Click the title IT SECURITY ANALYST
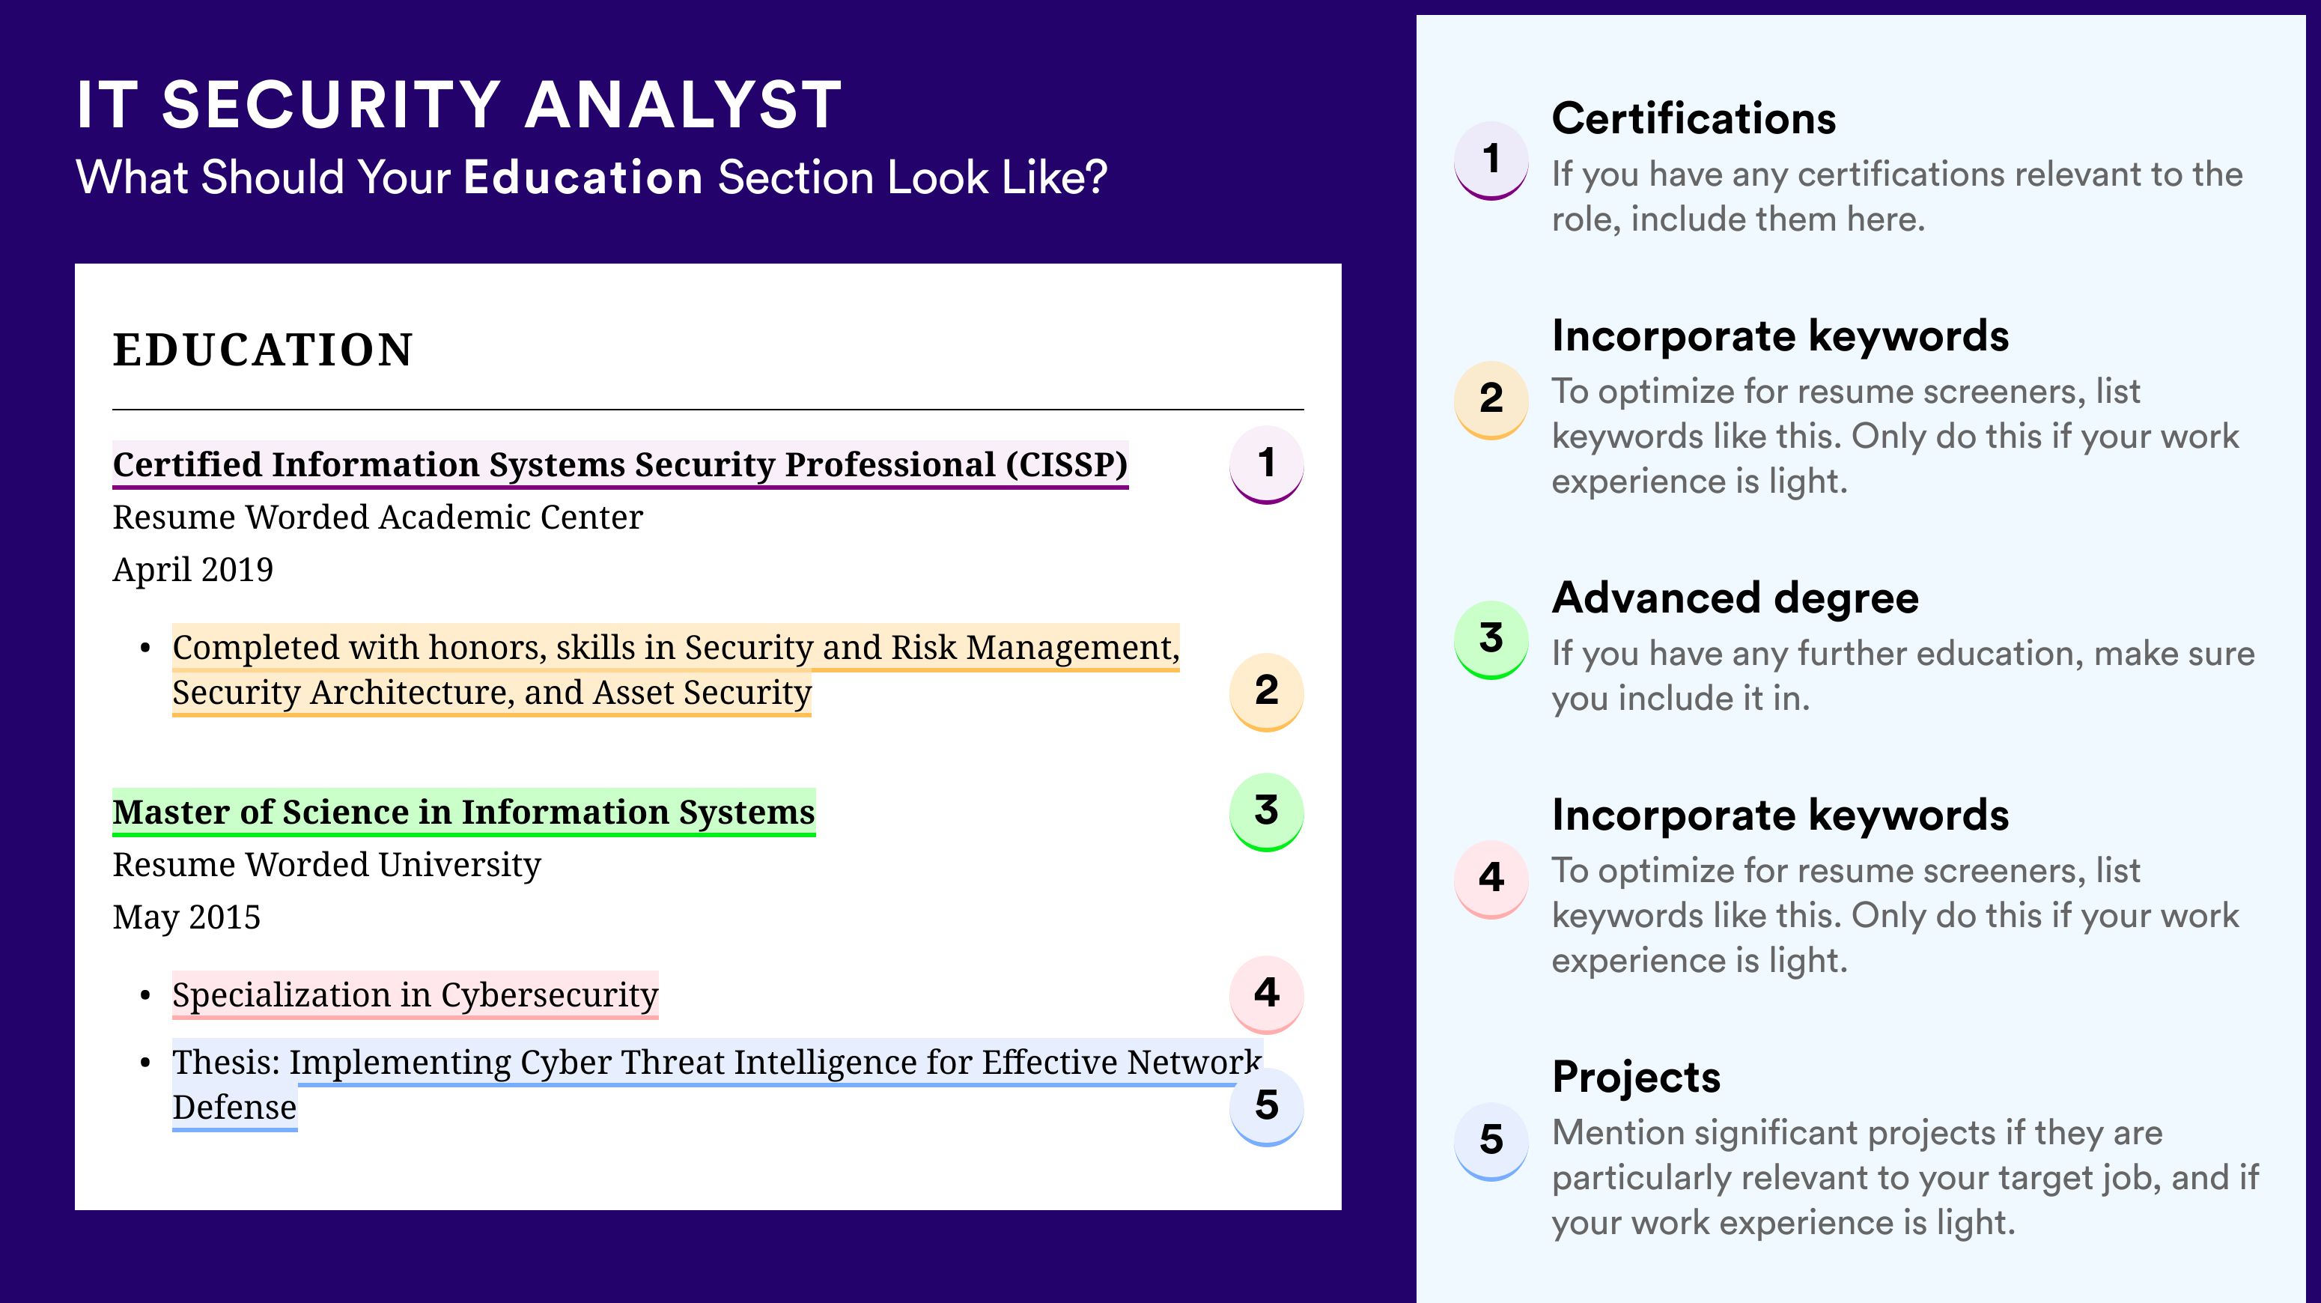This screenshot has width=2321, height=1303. pyautogui.click(x=460, y=105)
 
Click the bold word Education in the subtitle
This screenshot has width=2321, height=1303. pyautogui.click(x=583, y=177)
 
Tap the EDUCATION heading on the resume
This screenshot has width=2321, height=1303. pyautogui.click(x=262, y=350)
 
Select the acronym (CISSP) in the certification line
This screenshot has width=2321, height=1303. pyautogui.click(x=1067, y=464)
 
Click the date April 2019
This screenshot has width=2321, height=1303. pyautogui.click(x=193, y=569)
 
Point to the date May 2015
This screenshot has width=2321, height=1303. pyautogui.click(x=186, y=917)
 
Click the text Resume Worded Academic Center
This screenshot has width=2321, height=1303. pyautogui.click(x=377, y=517)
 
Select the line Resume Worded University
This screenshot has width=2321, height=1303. pyautogui.click(x=327, y=865)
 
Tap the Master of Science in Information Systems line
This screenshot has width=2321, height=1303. pyautogui.click(x=464, y=812)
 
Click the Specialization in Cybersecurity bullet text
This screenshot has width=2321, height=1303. pyautogui.click(x=416, y=994)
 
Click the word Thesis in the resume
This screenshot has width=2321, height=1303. pyautogui.click(x=226, y=1063)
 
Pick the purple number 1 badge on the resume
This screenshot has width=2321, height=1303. pyautogui.click(x=1266, y=464)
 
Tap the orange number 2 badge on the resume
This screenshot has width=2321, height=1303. pyautogui.click(x=1266, y=692)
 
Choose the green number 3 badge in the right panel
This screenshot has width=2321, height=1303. pyautogui.click(x=1491, y=639)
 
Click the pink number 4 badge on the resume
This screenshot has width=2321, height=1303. pyautogui.click(x=1266, y=994)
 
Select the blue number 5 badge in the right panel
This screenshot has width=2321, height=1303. pyautogui.click(x=1491, y=1140)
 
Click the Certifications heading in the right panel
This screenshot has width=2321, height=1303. pyautogui.click(x=1694, y=118)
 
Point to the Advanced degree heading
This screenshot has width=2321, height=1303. pyautogui.click(x=1736, y=598)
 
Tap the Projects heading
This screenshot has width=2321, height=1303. pyautogui.click(x=1636, y=1078)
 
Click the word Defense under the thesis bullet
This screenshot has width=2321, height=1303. pyautogui.click(x=234, y=1108)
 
